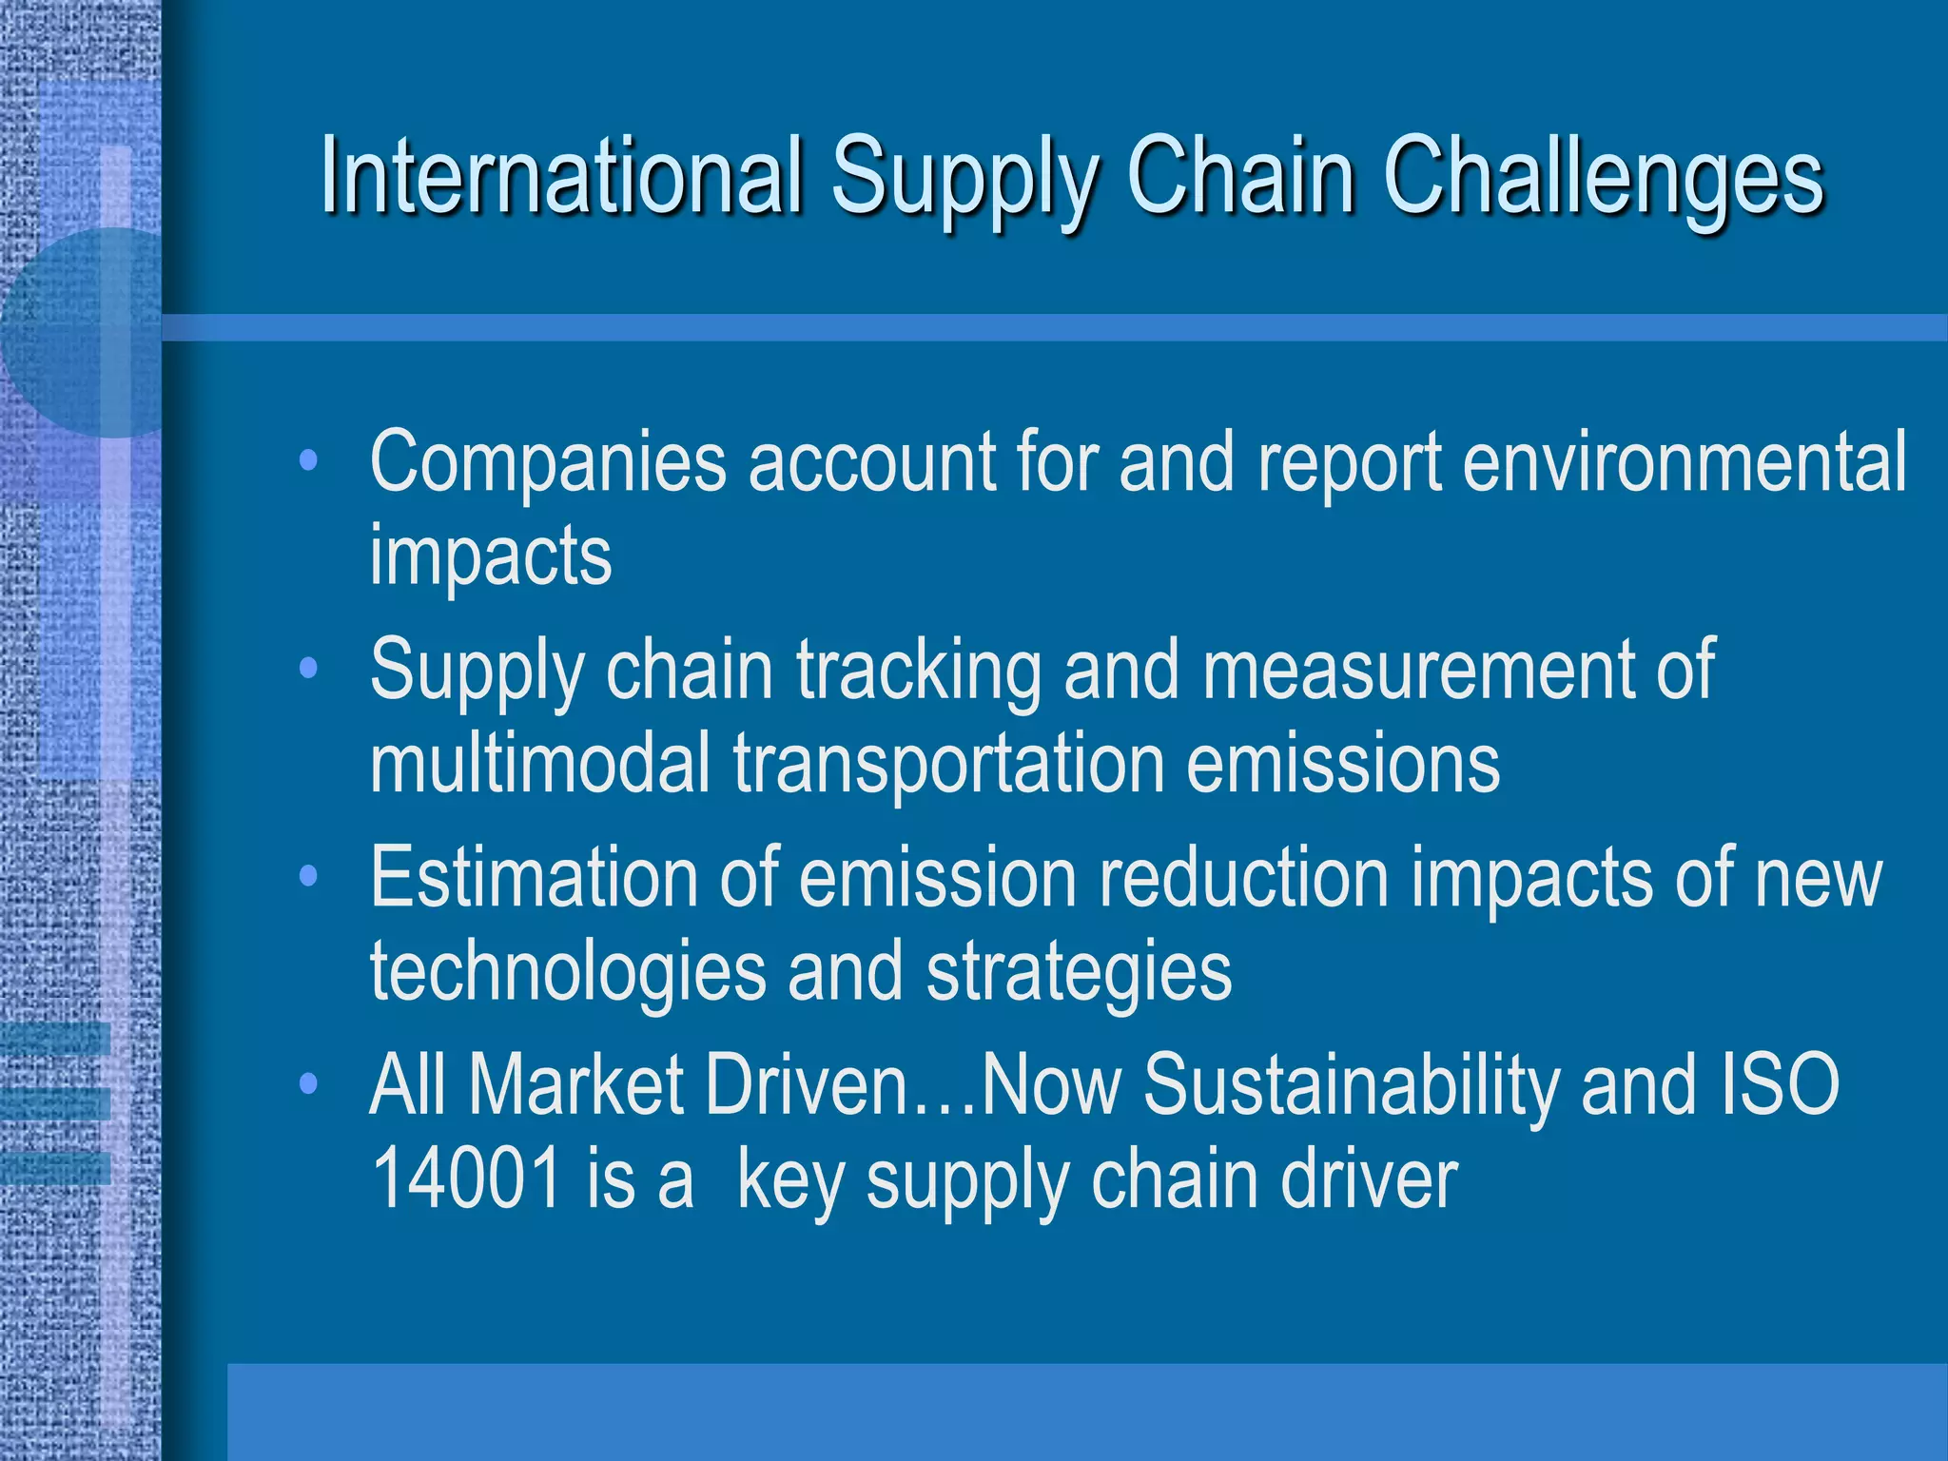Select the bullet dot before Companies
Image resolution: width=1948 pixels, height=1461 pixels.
pos(307,462)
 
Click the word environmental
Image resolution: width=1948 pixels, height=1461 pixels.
pos(1684,462)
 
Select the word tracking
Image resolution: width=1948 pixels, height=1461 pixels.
pos(919,671)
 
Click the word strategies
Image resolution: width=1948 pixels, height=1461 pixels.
pos(1079,972)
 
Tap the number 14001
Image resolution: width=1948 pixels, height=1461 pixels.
pos(466,1179)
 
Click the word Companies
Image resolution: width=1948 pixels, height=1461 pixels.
pos(548,462)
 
